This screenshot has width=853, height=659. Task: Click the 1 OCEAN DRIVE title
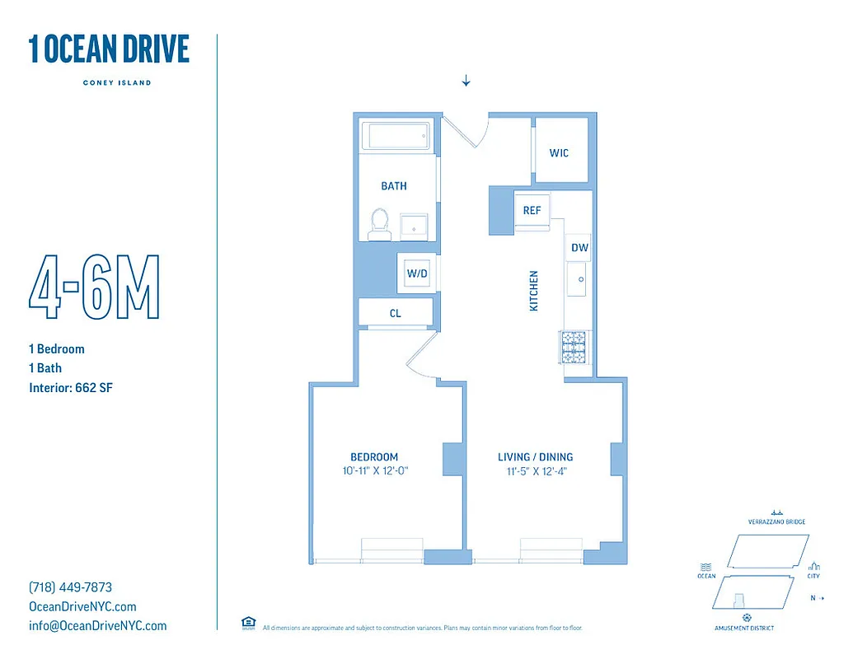109,50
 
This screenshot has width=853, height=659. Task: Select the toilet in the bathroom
379,223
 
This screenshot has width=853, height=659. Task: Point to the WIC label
560,153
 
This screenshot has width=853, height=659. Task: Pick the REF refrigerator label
532,211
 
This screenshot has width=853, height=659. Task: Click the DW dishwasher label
580,247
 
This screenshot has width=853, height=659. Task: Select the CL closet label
396,313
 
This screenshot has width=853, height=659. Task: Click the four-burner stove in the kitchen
574,347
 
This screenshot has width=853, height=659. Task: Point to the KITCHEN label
533,291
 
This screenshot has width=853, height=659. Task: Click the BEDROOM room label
374,457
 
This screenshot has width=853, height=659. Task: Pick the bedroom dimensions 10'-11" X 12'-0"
376,472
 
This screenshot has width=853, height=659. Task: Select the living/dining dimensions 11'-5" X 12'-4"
535,472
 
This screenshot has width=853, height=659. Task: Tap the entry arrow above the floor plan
466,81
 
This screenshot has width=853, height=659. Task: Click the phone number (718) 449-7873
70,588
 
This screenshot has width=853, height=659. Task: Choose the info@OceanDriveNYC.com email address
97,626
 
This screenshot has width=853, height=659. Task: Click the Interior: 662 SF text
70,387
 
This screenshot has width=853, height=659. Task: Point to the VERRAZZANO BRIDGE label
776,521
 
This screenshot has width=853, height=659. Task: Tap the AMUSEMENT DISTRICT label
745,629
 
